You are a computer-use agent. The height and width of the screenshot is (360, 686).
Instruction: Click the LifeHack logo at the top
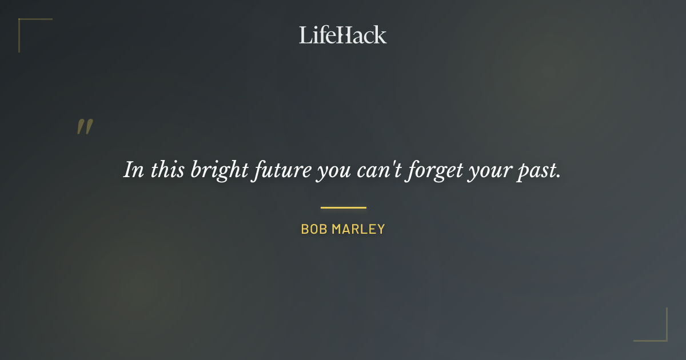[343, 35]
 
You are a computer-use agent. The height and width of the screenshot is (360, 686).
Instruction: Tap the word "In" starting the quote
[134, 170]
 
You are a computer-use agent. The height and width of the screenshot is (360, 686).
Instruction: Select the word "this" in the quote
[168, 170]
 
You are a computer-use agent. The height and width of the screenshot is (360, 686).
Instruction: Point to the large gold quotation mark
[85, 127]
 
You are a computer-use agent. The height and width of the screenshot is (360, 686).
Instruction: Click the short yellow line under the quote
[343, 207]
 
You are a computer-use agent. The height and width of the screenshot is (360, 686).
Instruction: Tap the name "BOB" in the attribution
[313, 230]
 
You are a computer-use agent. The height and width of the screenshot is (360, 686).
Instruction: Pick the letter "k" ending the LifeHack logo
[381, 35]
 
